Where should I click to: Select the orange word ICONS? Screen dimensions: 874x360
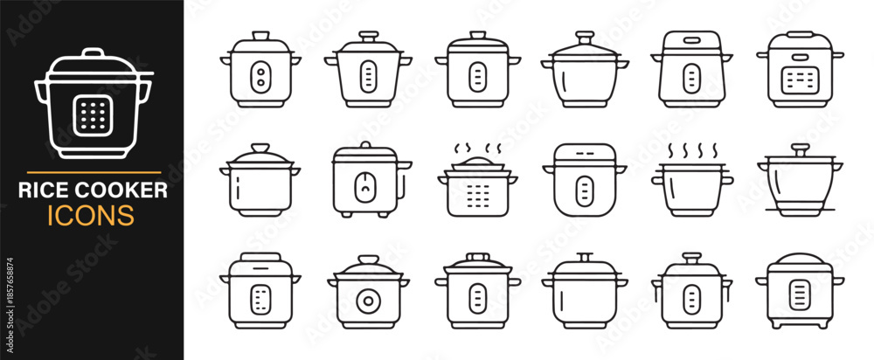click(91, 215)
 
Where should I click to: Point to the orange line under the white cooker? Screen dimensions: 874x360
click(94, 173)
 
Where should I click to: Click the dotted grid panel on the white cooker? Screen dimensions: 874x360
click(94, 116)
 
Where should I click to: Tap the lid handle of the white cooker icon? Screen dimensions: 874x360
click(94, 53)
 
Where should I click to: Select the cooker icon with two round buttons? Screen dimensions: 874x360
click(260, 69)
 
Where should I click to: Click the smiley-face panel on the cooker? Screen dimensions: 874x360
click(365, 187)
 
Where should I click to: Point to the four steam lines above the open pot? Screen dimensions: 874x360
click(692, 151)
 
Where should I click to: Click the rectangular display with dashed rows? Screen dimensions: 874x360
click(800, 80)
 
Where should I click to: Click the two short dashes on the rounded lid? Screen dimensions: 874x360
click(584, 154)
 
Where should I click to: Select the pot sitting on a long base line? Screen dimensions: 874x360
click(800, 180)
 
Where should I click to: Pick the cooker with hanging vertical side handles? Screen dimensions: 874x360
click(691, 290)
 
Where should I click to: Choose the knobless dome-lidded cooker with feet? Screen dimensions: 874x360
click(800, 290)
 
